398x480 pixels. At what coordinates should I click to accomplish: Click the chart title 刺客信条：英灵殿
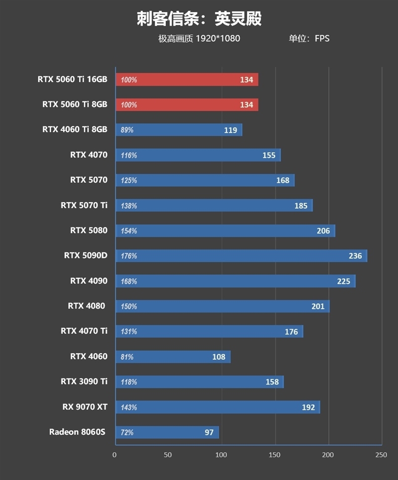point(199,19)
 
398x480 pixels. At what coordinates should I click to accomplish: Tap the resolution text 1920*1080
point(217,38)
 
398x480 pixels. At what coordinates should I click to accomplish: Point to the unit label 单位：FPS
point(309,38)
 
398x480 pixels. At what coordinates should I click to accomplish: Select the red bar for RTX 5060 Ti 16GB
point(187,80)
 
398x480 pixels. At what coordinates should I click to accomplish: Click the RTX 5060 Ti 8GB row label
point(75,104)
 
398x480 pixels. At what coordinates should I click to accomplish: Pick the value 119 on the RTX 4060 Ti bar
point(230,130)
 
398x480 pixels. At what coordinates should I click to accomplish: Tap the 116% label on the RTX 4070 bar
point(129,156)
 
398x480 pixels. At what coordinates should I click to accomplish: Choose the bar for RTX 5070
point(204,180)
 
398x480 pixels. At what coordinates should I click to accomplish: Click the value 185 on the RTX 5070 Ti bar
point(300,206)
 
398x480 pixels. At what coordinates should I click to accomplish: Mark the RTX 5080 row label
point(89,231)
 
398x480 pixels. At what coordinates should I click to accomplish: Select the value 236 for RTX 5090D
point(355,256)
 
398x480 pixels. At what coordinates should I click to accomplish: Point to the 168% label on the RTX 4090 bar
point(129,281)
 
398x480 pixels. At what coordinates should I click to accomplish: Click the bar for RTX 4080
point(222,307)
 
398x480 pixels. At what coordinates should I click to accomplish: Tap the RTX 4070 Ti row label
point(84,331)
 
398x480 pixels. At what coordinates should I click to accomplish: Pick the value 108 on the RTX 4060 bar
point(218,357)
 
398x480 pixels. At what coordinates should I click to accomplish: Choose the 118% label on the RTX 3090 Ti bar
point(129,382)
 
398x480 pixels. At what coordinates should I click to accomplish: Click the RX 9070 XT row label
point(85,407)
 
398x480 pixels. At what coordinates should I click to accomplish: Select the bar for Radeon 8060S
point(167,432)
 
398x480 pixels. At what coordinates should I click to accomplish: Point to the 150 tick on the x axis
point(275,455)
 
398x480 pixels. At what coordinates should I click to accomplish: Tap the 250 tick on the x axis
point(381,455)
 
